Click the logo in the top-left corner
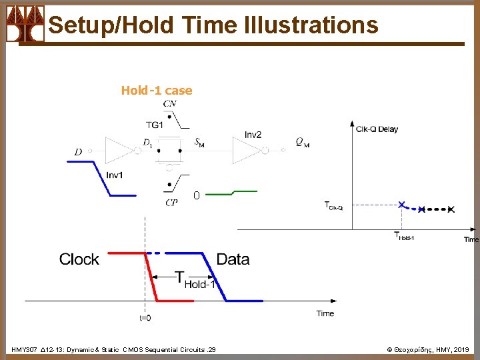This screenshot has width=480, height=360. point(25,24)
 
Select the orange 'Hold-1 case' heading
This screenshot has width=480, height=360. point(157,91)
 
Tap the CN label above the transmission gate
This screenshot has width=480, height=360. point(170,104)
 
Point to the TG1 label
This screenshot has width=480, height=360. point(155,124)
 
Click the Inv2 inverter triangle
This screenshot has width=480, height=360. point(246,150)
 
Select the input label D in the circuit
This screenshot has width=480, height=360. point(78,153)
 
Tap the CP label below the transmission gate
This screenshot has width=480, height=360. point(171,203)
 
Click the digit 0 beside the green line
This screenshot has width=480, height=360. point(196,196)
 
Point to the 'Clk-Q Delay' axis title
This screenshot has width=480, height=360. point(377,129)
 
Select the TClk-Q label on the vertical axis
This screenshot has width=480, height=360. point(333,206)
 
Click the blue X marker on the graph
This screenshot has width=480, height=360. point(401,205)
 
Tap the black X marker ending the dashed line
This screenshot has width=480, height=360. point(451,210)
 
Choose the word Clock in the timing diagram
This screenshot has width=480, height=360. point(79,259)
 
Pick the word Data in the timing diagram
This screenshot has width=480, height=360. point(233,259)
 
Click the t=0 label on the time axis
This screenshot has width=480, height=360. point(145,318)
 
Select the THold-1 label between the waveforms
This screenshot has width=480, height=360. point(195,279)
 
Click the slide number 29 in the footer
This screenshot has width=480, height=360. point(211,349)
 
